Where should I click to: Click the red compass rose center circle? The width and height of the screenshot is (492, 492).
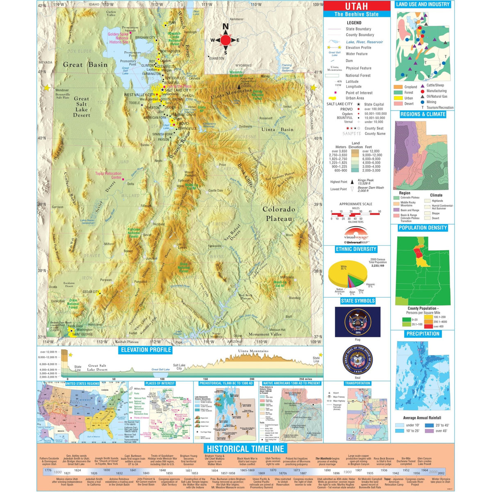(225, 40)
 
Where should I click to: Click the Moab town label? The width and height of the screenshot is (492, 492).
(289, 235)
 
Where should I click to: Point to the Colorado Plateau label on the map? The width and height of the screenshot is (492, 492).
(279, 214)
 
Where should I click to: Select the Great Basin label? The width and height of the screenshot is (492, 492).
(85, 64)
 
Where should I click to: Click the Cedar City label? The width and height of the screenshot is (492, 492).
(91, 292)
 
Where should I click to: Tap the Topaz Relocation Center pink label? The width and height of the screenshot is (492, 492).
(108, 175)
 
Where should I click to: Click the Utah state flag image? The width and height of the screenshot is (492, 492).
(358, 322)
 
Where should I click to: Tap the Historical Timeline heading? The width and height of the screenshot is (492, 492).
(245, 449)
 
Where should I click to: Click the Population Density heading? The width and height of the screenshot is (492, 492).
(422, 228)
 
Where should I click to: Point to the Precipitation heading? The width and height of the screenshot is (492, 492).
(423, 334)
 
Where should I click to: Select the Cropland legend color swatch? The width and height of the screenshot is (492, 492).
(398, 87)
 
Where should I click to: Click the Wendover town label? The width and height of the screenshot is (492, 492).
(62, 90)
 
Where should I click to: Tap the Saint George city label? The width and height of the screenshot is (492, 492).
(82, 334)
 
